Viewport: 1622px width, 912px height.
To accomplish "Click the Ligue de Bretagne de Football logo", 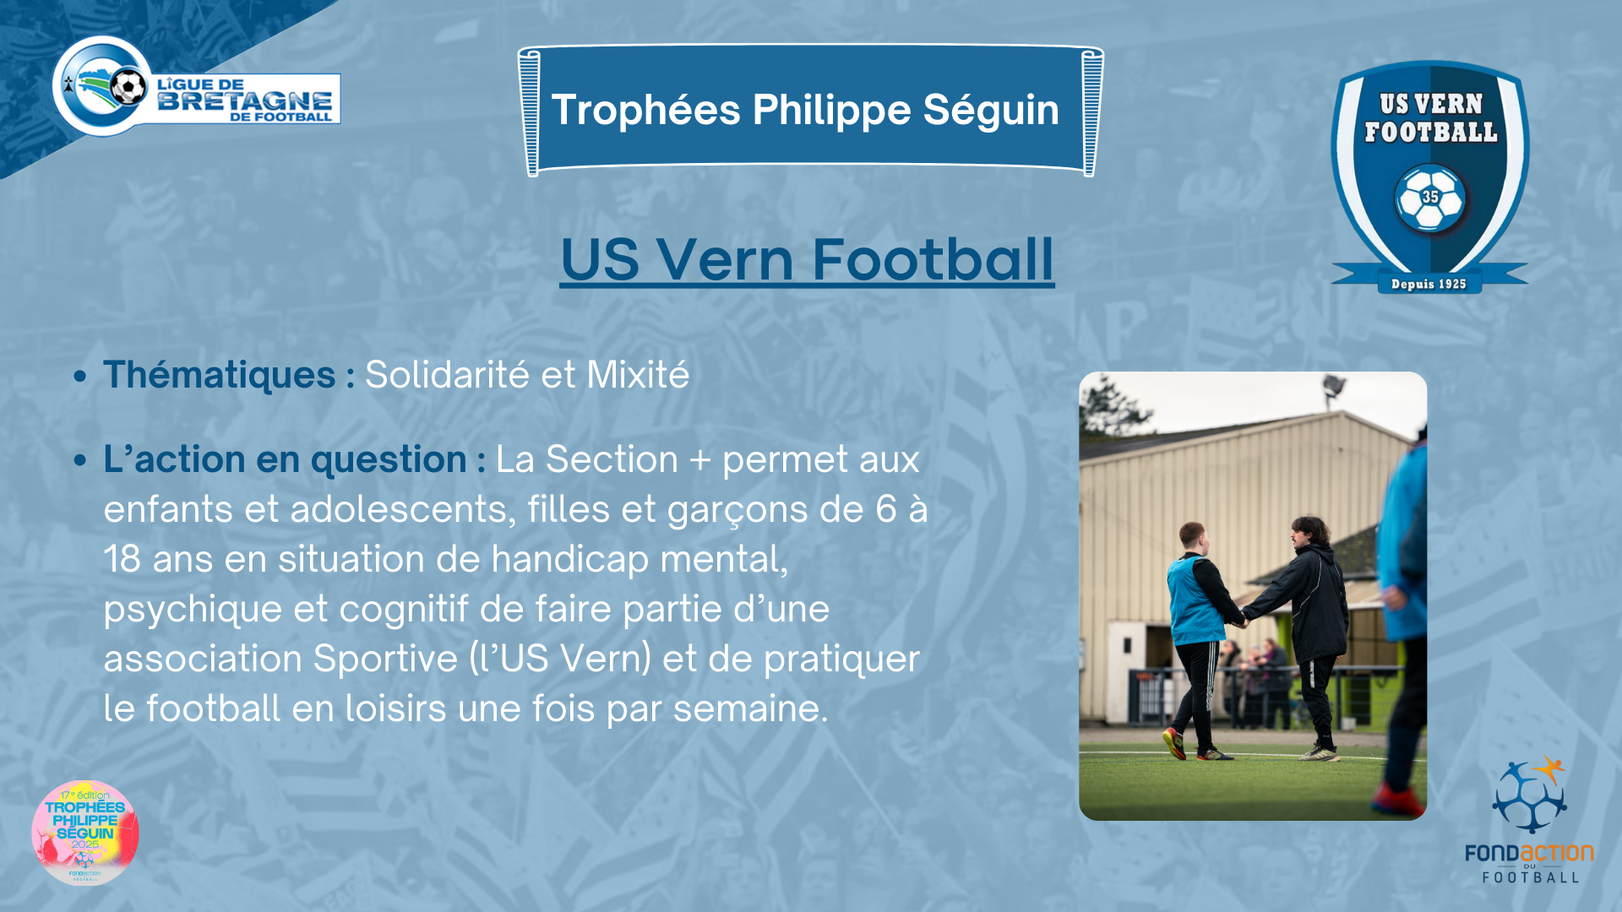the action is [x=196, y=86].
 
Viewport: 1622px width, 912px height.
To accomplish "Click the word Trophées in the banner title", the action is [x=645, y=111].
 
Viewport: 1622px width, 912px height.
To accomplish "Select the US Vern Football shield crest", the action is [x=1429, y=177].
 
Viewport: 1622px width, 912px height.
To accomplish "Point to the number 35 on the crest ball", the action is [x=1430, y=197].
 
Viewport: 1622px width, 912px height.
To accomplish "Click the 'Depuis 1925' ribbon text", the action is [x=1429, y=284].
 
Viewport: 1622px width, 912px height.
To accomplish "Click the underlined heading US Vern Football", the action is [x=807, y=259].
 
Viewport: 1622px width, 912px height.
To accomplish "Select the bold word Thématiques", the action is [x=220, y=375].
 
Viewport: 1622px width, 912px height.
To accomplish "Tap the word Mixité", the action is [x=638, y=375].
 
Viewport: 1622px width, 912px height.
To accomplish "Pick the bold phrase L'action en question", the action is [x=286, y=460].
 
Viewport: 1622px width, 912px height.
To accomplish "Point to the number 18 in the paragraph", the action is [x=122, y=560].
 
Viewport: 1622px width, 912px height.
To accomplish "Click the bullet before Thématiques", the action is [x=80, y=376].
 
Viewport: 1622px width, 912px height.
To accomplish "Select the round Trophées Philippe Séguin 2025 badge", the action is [x=84, y=833].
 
